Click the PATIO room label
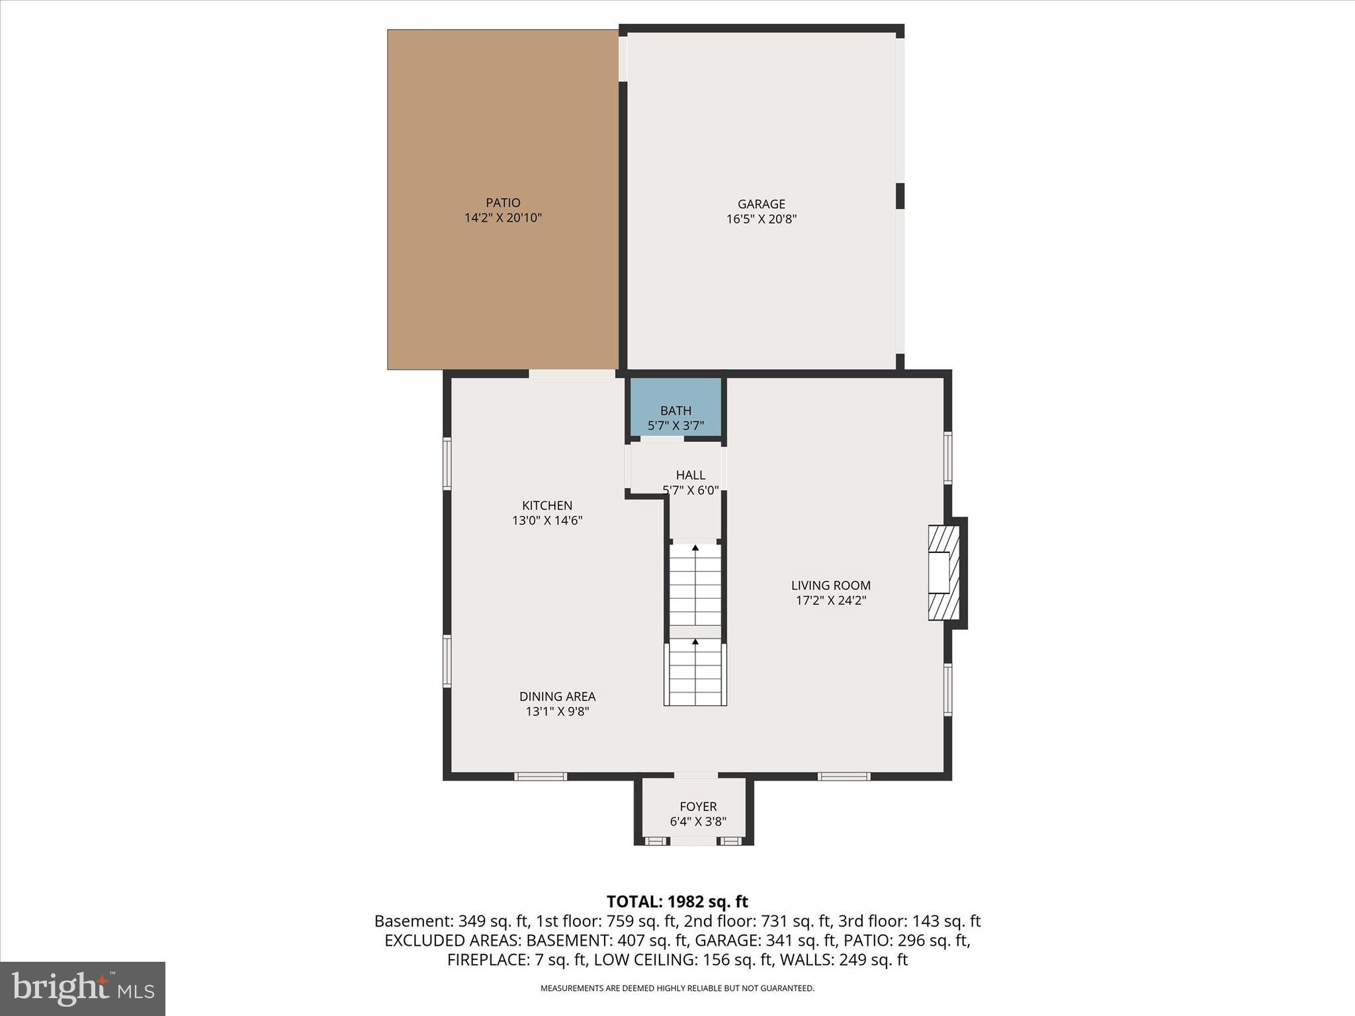click(x=503, y=203)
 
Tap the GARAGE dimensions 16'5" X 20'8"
click(x=761, y=220)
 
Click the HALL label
click(x=690, y=475)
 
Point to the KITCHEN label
click(x=547, y=505)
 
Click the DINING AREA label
click(x=557, y=697)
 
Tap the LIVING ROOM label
click(x=831, y=585)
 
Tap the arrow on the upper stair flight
click(x=695, y=548)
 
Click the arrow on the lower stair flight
click(x=695, y=642)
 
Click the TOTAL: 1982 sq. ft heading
click(x=677, y=902)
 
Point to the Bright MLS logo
click(x=83, y=988)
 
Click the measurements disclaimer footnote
click(x=677, y=988)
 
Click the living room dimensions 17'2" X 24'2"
click(x=831, y=601)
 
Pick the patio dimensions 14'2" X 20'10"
click(x=503, y=218)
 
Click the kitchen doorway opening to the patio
click(x=572, y=374)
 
